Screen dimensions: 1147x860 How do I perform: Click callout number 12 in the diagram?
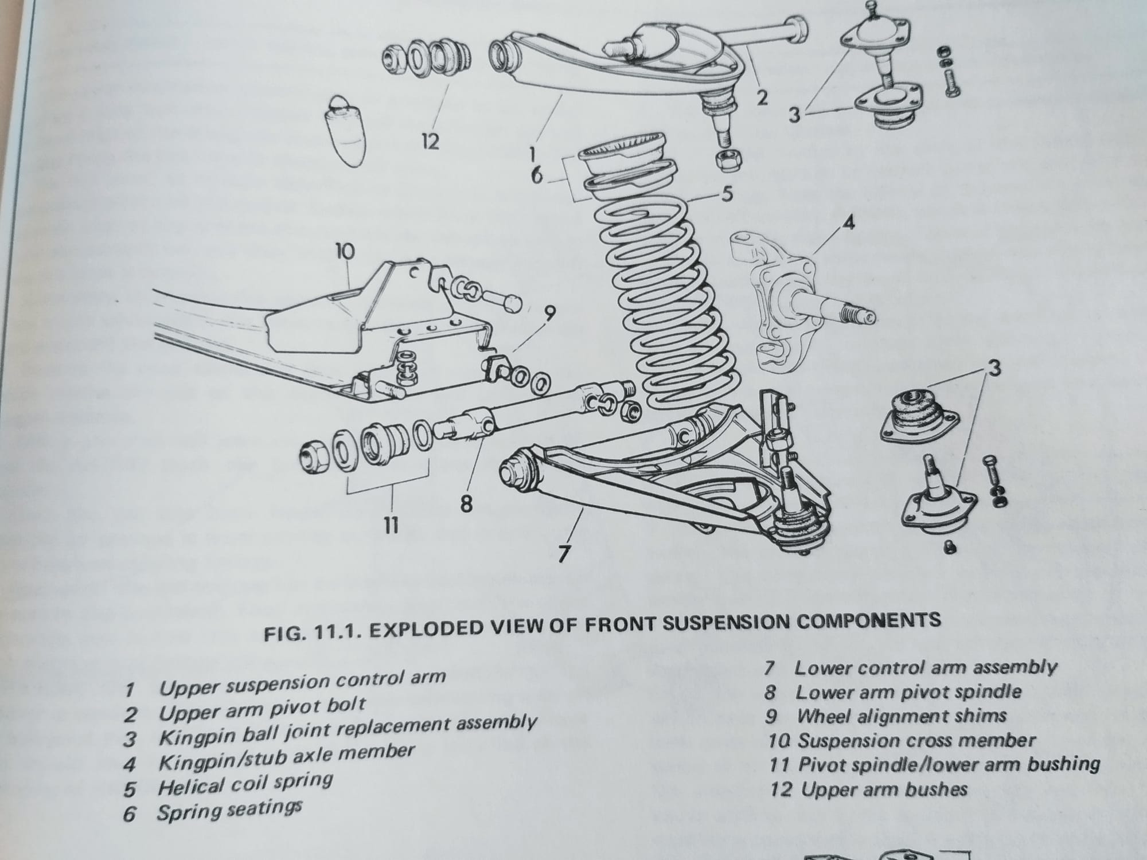[x=430, y=141]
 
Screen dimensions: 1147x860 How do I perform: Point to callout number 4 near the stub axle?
[x=849, y=223]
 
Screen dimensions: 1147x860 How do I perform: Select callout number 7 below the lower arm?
[x=564, y=553]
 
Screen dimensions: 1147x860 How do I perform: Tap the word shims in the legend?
[x=981, y=716]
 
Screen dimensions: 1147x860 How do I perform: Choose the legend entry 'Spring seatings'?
[x=229, y=811]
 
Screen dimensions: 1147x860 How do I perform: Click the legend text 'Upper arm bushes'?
[x=884, y=789]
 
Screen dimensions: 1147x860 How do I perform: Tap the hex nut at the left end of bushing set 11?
[x=314, y=457]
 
